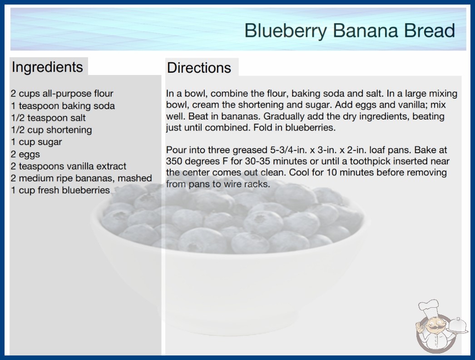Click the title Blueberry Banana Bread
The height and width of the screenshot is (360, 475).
coord(350,30)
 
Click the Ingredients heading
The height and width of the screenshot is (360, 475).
coord(47,67)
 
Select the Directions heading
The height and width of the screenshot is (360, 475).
coord(199,68)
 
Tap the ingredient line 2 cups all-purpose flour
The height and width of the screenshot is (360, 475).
coord(62,94)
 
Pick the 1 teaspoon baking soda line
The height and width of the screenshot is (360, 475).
coord(63,106)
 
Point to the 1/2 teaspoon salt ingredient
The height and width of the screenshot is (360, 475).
coord(48,118)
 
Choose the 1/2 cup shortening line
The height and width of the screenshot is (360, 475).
coord(51,130)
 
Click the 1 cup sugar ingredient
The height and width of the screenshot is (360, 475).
coord(36,142)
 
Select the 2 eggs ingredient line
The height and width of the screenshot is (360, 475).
coord(25,154)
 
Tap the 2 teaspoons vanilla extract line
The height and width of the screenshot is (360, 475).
coord(69,166)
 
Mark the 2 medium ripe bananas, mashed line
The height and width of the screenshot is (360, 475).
coord(81,178)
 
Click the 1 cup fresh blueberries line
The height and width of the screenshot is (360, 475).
coord(60,190)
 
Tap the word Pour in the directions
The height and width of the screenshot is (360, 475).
coord(176,150)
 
